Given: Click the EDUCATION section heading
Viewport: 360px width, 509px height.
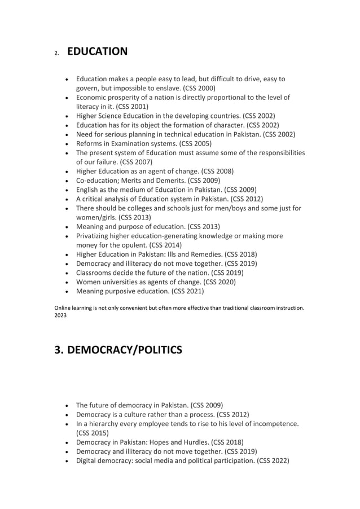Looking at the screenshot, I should click(97, 52).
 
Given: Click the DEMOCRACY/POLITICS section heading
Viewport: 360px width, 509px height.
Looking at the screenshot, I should click(118, 350).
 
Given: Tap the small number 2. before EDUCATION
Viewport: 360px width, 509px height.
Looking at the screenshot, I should click(56, 54).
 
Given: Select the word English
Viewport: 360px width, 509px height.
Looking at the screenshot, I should click(89, 189).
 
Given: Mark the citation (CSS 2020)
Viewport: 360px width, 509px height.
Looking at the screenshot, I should click(217, 282).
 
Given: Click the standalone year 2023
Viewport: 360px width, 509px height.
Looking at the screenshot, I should click(60, 315).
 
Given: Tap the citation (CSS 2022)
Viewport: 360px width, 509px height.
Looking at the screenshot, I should click(273, 460).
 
